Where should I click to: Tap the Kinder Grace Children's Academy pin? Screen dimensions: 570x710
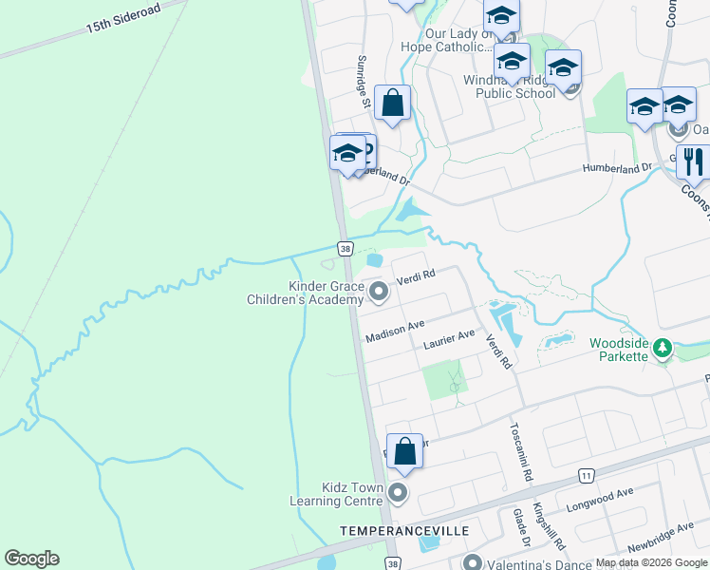pyautogui.click(x=379, y=293)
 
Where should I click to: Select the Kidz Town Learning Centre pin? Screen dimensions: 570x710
pyautogui.click(x=398, y=493)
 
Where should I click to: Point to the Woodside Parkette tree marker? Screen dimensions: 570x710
pyautogui.click(x=663, y=350)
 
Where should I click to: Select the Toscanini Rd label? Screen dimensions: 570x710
pyautogui.click(x=522, y=450)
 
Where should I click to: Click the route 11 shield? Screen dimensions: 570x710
pyautogui.click(x=588, y=474)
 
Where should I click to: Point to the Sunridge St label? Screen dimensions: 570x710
pyautogui.click(x=362, y=77)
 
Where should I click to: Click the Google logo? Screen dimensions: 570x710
pyautogui.click(x=31, y=559)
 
